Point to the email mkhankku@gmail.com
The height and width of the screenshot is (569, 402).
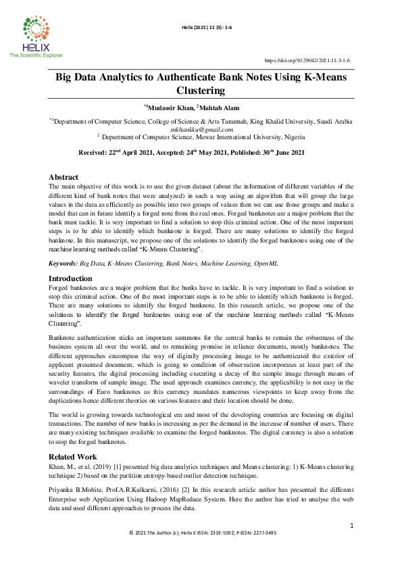click(201, 128)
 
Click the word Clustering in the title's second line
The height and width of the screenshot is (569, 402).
click(201, 90)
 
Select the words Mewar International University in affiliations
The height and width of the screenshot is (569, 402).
click(232, 136)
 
